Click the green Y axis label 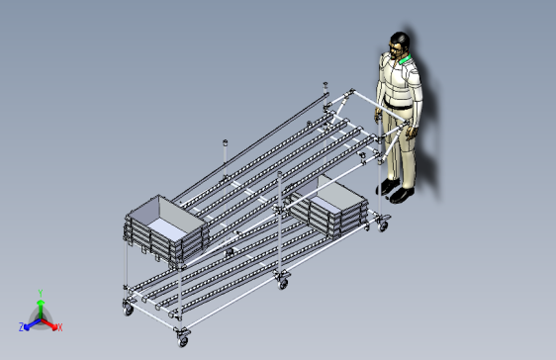[41, 293]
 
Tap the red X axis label [60, 327]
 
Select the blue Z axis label [22, 327]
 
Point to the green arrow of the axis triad [41, 309]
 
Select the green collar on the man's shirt [405, 59]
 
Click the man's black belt [398, 105]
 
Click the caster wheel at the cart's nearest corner [183, 341]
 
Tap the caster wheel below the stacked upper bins [128, 310]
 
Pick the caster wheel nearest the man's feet [383, 226]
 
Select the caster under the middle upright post [283, 283]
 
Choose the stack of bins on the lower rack [328, 207]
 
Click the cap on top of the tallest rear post [325, 85]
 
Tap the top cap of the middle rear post [225, 142]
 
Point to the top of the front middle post [279, 174]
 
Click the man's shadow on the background [427, 117]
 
